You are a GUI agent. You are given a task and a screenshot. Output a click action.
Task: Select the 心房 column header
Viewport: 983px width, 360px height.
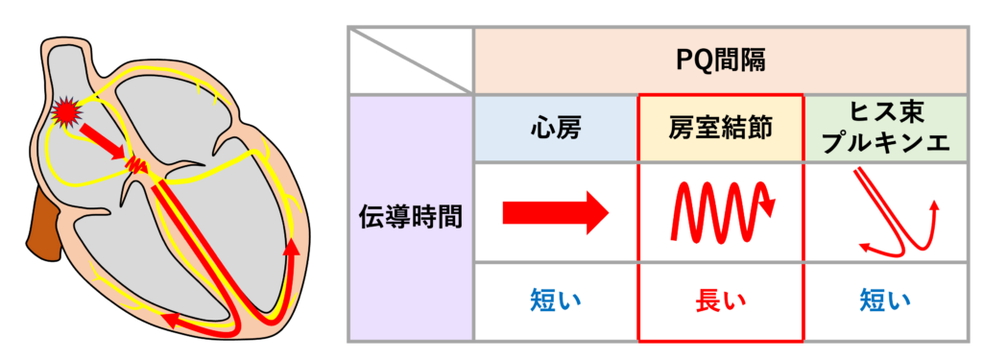(x=556, y=128)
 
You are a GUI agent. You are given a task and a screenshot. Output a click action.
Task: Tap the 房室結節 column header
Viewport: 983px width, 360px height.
(x=720, y=128)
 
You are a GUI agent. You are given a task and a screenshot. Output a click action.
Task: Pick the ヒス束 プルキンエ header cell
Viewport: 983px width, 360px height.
(x=884, y=128)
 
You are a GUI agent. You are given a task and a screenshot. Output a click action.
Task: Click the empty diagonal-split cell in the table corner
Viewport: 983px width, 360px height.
(x=411, y=60)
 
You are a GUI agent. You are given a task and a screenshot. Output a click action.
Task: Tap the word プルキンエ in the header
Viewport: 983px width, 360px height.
(x=884, y=142)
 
